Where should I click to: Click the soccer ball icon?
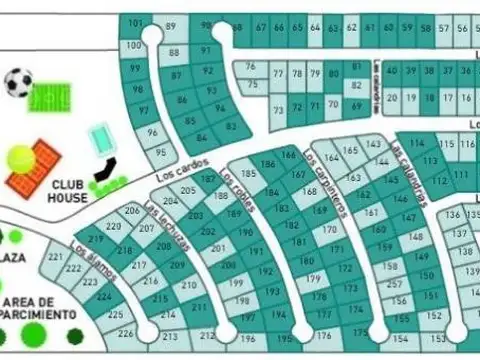18,82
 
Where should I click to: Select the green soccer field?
46,97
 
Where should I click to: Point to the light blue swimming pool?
101,137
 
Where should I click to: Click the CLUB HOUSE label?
68,191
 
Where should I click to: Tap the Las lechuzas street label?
161,224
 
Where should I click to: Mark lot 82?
231,126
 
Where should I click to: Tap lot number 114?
416,144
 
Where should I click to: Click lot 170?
329,229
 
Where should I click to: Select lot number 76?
250,67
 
